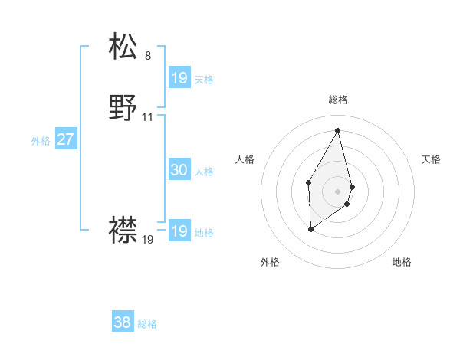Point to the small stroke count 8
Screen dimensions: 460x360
tap(148, 56)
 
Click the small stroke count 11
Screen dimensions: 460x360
tap(148, 117)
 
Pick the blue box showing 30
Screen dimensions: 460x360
tap(179, 170)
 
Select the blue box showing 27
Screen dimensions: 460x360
tap(65, 139)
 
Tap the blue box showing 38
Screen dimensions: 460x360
tap(123, 322)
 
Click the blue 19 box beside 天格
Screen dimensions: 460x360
tap(179, 78)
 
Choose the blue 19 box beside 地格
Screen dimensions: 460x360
tap(179, 231)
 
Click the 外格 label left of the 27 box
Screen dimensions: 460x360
tap(41, 141)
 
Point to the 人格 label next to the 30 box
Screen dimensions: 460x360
tap(205, 172)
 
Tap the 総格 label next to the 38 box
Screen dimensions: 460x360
tap(147, 324)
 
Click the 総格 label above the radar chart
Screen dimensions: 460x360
tap(338, 100)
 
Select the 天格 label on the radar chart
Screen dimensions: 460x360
tap(432, 159)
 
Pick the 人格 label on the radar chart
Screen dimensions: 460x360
tap(245, 159)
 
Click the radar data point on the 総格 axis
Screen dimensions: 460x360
tap(338, 129)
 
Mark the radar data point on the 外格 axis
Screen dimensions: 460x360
tap(310, 229)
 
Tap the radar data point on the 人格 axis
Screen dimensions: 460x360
tap(308, 182)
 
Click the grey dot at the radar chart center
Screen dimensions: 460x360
tap(338, 191)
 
